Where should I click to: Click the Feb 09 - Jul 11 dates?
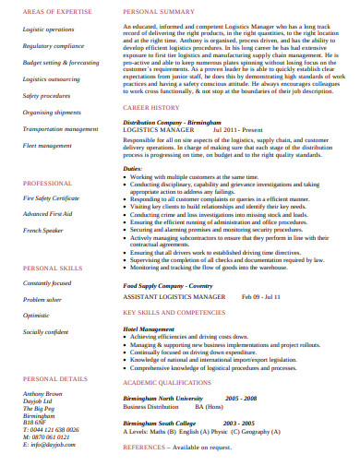pos(262,297)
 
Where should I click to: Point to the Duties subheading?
pos(133,169)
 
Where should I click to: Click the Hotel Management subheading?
pos(149,329)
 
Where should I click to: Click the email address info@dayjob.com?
pos(43,444)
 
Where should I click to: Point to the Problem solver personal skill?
pos(42,300)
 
